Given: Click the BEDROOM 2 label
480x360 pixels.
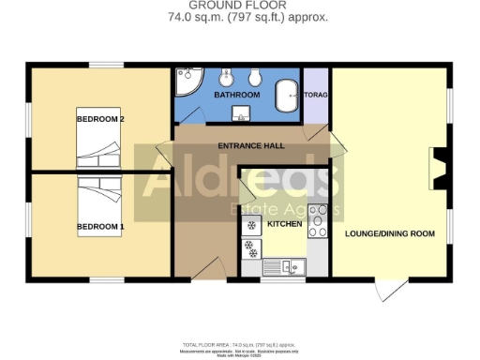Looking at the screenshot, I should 100,119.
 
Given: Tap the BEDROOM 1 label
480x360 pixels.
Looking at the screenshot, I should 100,227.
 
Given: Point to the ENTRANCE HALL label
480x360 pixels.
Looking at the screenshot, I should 250,146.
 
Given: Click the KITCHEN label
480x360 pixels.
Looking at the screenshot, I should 285,225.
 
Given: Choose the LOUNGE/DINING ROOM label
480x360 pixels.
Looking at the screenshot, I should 389,232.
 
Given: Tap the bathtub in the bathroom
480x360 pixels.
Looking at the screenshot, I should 287,93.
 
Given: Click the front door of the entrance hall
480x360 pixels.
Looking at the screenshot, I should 204,270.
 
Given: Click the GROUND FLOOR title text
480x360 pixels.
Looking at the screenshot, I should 240,6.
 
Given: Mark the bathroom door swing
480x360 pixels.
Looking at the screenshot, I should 191,115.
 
